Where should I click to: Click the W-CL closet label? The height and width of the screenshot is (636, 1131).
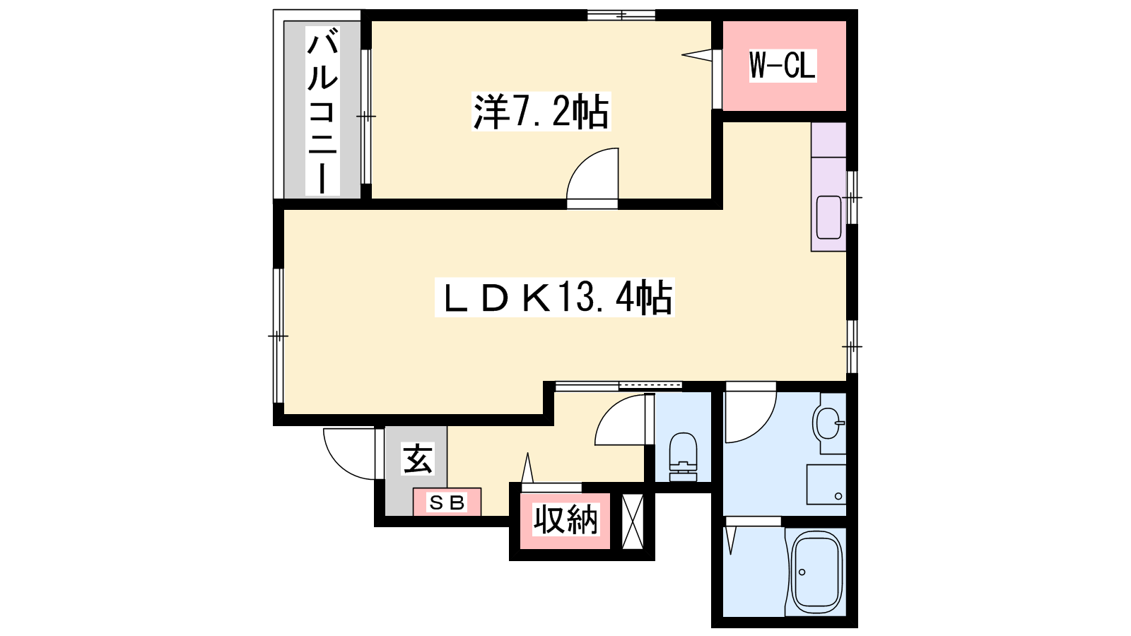click(x=783, y=66)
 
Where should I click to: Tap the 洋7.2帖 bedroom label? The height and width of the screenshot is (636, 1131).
click(x=541, y=112)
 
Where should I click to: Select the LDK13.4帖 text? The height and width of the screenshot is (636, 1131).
click(x=554, y=298)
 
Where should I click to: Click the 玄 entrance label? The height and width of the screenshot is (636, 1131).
click(x=418, y=459)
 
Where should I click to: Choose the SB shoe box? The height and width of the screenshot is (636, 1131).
click(x=447, y=502)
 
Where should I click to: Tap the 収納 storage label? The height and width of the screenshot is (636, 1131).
click(x=565, y=519)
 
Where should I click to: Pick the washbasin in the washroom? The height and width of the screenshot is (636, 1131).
click(x=827, y=423)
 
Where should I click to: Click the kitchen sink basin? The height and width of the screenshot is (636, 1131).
click(x=828, y=217)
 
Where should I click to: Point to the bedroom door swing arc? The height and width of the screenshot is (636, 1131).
click(x=584, y=165)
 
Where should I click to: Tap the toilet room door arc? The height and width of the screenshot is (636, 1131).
click(x=611, y=411)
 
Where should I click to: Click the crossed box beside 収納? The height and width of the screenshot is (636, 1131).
click(x=632, y=522)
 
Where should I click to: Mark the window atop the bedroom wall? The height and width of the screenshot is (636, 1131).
click(x=621, y=15)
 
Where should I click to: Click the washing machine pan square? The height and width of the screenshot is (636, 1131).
click(x=826, y=484)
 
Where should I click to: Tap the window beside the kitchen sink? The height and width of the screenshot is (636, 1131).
click(x=852, y=197)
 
